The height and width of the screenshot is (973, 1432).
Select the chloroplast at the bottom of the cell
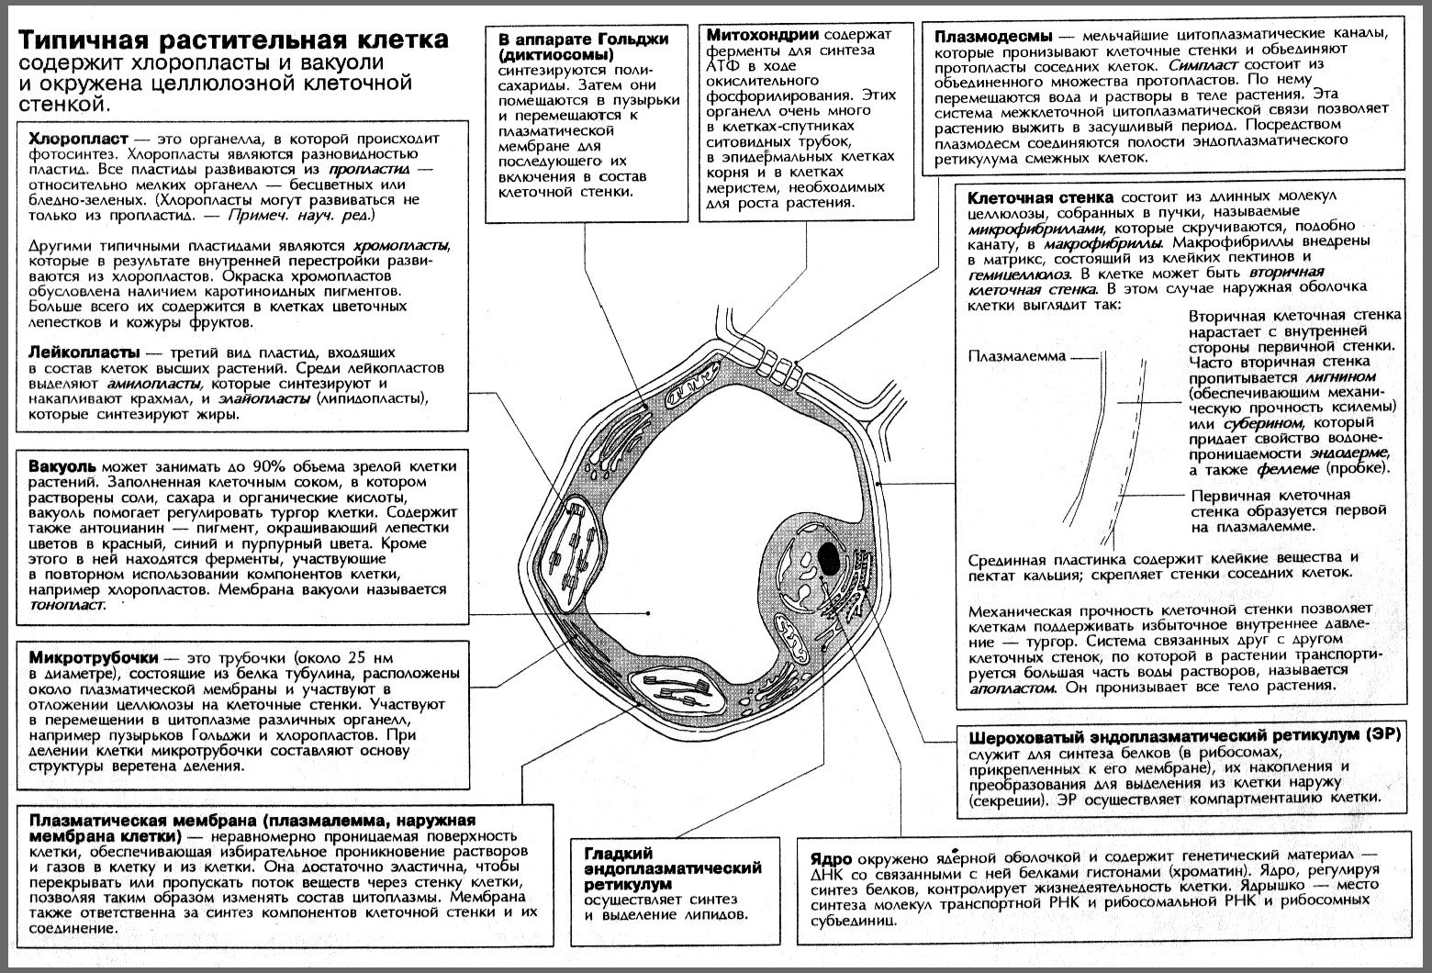pyautogui.click(x=684, y=688)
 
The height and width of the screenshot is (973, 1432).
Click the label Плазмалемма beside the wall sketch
pyautogui.click(x=1017, y=356)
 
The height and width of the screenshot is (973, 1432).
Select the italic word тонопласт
pyautogui.click(x=67, y=606)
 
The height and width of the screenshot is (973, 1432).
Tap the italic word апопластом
pyautogui.click(x=1008, y=687)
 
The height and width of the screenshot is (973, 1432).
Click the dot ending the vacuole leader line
pyautogui.click(x=648, y=612)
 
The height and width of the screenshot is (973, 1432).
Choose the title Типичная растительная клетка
pyautogui.click(x=235, y=41)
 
